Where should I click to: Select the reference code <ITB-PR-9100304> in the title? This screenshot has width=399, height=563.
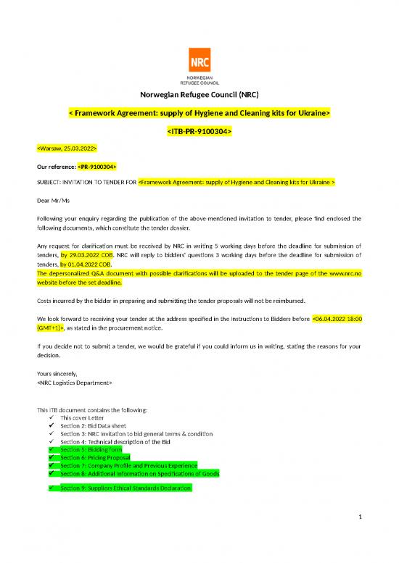coord(199,132)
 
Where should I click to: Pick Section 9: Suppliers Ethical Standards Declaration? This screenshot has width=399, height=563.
coord(126,488)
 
